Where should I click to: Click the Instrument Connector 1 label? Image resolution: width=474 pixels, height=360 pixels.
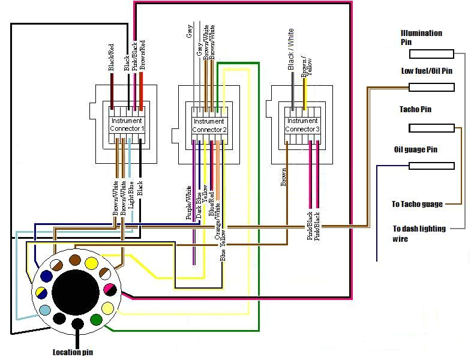(127, 125)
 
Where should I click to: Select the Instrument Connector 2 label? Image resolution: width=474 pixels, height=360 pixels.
(209, 125)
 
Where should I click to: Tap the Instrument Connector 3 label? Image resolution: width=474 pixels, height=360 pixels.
(302, 125)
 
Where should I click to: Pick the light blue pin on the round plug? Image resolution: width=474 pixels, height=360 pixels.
(45, 310)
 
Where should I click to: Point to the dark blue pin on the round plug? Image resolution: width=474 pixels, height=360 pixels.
(46, 276)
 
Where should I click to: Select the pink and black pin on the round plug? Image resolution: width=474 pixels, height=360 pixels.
(110, 290)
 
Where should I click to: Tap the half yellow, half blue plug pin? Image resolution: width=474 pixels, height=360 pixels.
(41, 293)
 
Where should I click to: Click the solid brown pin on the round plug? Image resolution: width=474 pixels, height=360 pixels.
(74, 260)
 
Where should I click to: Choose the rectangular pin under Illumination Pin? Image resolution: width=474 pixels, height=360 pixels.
(431, 54)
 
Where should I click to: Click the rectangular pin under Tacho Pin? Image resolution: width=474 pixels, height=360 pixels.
(431, 128)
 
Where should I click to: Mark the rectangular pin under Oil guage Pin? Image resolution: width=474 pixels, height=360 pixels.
(431, 166)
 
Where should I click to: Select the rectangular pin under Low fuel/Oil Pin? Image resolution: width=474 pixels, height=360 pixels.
(431, 88)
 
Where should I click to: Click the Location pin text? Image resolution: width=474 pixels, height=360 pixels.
(73, 352)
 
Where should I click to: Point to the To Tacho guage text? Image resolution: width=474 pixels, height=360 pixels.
(417, 205)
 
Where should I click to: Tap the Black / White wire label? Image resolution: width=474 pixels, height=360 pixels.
(290, 49)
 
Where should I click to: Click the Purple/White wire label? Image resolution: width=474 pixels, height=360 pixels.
(189, 203)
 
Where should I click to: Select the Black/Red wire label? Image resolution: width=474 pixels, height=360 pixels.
(111, 58)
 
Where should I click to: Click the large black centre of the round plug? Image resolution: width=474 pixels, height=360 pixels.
(76, 293)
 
